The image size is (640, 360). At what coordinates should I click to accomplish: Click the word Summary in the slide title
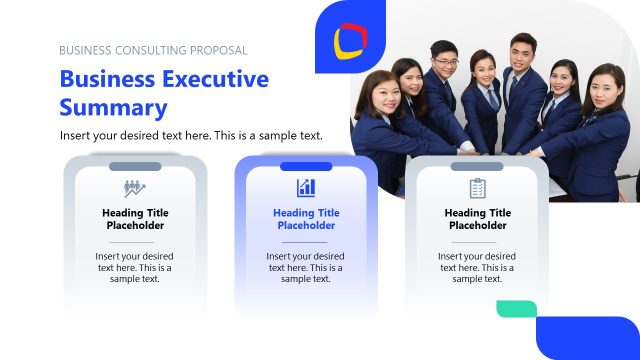click(x=113, y=108)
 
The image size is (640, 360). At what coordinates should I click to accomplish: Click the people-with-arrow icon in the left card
click(x=135, y=188)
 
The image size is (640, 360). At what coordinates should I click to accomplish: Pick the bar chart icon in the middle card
click(x=306, y=188)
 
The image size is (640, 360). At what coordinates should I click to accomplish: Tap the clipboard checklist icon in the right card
click(x=477, y=188)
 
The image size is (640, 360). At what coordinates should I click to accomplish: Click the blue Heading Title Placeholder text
click(x=306, y=219)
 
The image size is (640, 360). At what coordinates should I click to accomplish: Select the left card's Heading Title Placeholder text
click(x=135, y=219)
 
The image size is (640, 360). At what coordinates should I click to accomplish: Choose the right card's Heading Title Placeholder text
click(x=477, y=219)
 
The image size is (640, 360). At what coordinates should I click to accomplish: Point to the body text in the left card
click(x=135, y=267)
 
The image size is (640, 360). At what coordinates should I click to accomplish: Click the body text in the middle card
click(x=306, y=267)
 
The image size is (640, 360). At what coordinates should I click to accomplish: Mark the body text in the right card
click(x=477, y=267)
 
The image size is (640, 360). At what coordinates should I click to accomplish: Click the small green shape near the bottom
click(x=516, y=309)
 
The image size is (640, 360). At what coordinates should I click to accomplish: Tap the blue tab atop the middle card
click(x=306, y=166)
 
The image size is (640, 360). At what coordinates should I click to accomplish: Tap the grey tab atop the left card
click(x=135, y=166)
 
